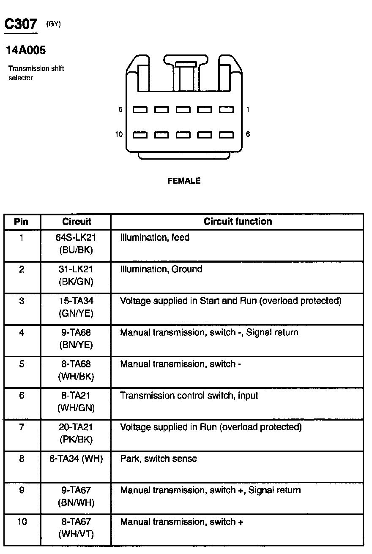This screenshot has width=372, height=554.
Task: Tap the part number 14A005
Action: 26,51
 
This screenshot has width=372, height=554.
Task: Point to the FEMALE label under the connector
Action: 184,181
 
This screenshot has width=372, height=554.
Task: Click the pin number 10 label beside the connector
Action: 119,134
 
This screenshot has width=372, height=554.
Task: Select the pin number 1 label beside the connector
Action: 248,109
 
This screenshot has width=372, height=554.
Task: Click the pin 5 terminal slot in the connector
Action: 140,110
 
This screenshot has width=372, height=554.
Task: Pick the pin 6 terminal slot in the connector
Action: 226,135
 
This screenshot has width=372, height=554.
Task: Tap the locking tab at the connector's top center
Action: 186,65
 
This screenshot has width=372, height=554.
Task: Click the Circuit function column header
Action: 238,222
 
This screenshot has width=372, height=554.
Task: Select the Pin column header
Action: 22,222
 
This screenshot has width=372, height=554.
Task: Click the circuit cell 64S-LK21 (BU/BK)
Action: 76,244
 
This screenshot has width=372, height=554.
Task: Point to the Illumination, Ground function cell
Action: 161,269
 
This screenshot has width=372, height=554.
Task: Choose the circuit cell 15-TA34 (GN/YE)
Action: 76,307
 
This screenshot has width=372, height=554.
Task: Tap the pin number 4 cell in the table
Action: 22,333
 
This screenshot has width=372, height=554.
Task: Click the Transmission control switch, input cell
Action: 189,396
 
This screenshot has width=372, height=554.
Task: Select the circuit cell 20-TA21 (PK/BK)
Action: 76,433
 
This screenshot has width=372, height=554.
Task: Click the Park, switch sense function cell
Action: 159,459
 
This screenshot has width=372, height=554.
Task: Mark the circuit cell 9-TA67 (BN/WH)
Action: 76,497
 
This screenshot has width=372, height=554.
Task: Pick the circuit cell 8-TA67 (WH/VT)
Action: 76,528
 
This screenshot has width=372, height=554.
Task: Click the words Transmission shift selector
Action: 36,73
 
